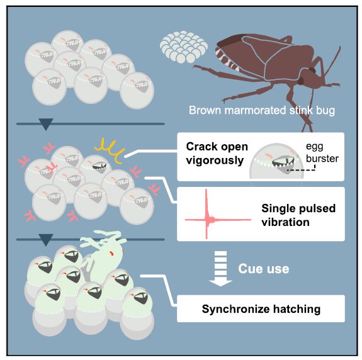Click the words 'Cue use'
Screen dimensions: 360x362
(263, 269)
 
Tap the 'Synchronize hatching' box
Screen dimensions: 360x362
(261, 309)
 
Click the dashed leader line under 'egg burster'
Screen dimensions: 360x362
(301, 170)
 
